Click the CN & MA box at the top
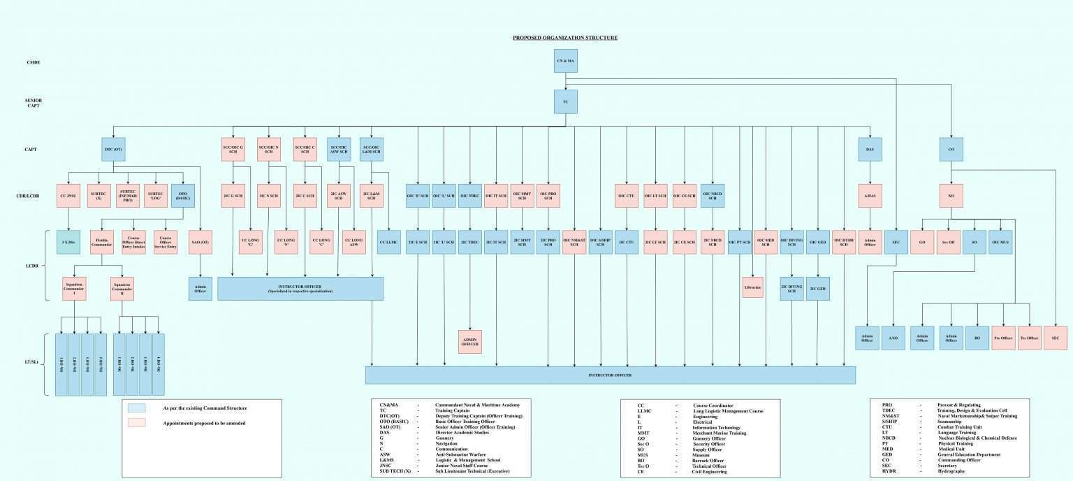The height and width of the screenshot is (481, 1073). click(565, 61)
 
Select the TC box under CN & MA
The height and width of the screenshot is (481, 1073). click(565, 101)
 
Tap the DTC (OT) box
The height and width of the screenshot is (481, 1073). click(114, 149)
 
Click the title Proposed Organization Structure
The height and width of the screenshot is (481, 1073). click(565, 38)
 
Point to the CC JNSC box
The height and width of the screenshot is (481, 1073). click(68, 196)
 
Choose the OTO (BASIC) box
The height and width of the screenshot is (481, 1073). click(182, 196)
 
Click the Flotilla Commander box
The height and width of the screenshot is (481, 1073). click(102, 242)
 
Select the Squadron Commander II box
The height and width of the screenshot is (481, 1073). click(122, 289)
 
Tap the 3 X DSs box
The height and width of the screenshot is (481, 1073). click(68, 242)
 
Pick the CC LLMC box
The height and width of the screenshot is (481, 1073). click(389, 242)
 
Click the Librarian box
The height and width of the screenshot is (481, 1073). click(752, 287)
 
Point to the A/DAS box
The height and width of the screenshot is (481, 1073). click(870, 196)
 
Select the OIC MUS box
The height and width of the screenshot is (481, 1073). click(1001, 242)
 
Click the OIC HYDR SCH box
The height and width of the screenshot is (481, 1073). click(844, 242)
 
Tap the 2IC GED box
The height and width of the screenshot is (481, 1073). click(818, 289)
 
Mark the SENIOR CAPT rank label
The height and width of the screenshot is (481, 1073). click(34, 103)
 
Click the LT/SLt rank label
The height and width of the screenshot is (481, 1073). click(32, 361)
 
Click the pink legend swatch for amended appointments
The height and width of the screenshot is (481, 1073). click(137, 423)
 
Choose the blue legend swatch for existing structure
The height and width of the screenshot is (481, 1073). click(137, 408)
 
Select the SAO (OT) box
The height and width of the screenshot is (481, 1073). click(200, 242)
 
